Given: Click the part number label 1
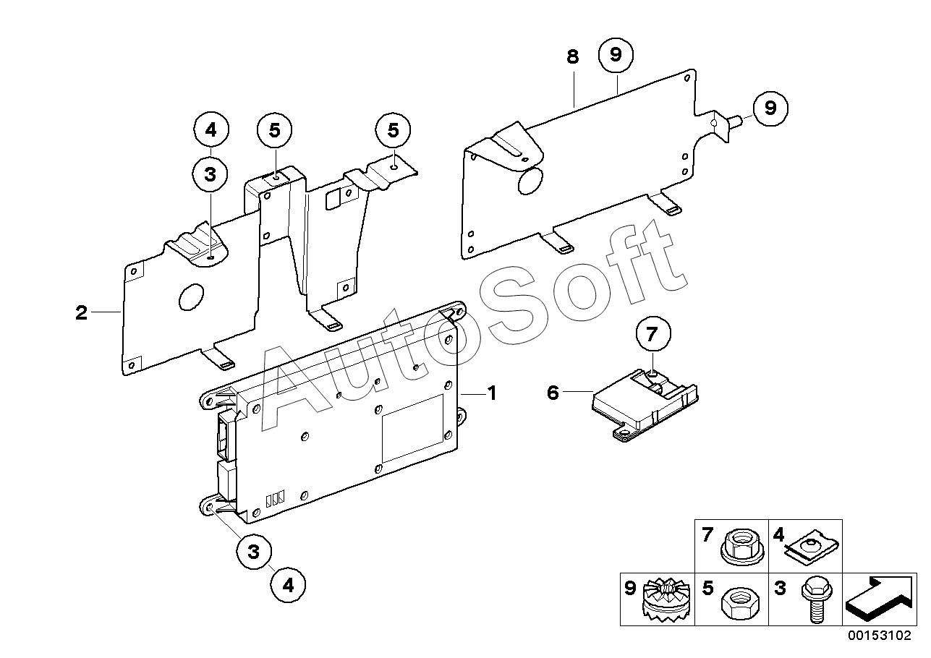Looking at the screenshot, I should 491,393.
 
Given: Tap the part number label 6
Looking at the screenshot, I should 553,393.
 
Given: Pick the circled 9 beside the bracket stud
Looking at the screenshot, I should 770,108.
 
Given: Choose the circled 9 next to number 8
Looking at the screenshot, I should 616,55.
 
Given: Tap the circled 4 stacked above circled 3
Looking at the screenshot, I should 211,131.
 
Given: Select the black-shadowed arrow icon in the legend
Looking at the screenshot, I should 879,599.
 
